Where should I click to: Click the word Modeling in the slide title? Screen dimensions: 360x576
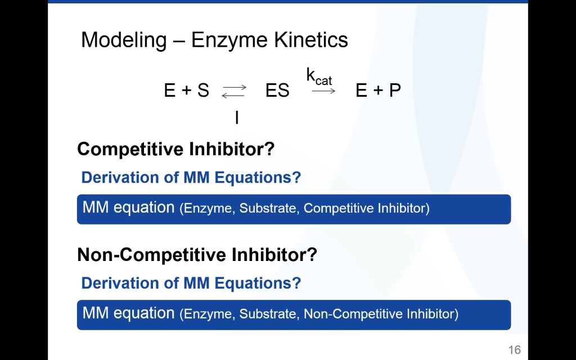(x=124, y=40)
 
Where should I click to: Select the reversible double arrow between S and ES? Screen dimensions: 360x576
(x=234, y=91)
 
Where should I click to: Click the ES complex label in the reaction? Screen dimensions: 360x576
(x=277, y=91)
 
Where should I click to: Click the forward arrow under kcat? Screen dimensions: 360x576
(x=323, y=91)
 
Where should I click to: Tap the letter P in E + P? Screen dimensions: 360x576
(x=395, y=91)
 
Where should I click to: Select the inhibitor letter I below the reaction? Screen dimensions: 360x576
(x=237, y=118)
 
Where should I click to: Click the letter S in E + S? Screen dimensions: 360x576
(x=203, y=91)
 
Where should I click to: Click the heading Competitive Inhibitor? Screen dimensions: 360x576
(x=175, y=149)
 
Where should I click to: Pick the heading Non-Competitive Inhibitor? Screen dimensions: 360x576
(x=197, y=255)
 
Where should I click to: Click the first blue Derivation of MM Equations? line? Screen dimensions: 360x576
(x=191, y=178)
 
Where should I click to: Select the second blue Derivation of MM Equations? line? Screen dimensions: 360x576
(x=191, y=283)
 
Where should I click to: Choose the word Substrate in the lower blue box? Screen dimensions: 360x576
(x=268, y=314)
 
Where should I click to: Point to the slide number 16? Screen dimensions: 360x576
(x=514, y=350)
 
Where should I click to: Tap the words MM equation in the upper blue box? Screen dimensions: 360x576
(x=129, y=208)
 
